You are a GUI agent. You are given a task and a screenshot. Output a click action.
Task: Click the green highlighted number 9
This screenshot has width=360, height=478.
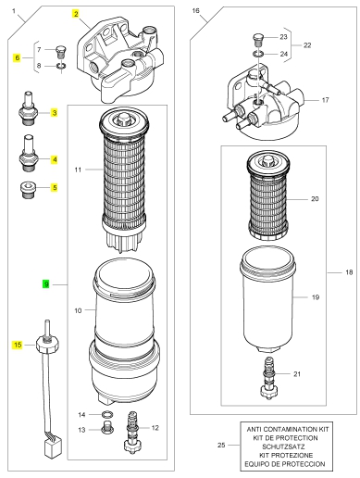(46, 283)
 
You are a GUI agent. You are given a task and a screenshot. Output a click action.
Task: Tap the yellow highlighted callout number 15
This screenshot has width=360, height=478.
(18, 345)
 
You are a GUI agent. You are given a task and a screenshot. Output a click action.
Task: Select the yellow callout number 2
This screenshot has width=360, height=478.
(76, 14)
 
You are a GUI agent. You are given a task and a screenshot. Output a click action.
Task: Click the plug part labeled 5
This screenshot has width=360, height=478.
(28, 191)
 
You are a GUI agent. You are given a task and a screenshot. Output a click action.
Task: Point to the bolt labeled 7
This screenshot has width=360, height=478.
(61, 52)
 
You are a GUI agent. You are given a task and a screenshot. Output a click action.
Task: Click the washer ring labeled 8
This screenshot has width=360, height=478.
(61, 66)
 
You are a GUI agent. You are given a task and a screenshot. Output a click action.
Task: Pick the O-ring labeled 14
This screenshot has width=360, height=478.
(107, 414)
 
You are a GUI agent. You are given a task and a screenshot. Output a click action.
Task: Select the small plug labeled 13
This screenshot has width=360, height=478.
(107, 427)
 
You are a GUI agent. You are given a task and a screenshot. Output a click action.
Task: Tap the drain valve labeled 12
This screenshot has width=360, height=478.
(132, 432)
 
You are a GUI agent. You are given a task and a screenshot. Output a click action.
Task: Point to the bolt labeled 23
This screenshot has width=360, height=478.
(258, 40)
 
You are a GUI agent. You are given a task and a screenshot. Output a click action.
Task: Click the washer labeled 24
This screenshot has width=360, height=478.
(258, 54)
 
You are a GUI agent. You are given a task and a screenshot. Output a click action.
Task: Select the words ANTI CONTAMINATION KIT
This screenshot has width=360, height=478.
(288, 429)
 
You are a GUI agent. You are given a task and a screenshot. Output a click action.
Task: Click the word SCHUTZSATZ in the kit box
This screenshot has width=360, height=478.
(283, 447)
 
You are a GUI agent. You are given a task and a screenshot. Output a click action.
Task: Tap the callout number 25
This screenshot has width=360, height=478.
(221, 445)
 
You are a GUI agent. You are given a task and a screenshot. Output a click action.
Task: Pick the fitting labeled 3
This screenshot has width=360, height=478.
(30, 108)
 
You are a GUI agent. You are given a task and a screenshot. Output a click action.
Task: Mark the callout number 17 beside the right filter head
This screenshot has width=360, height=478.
(325, 100)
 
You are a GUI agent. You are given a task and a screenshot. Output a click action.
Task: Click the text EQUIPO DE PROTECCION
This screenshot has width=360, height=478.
(284, 464)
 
